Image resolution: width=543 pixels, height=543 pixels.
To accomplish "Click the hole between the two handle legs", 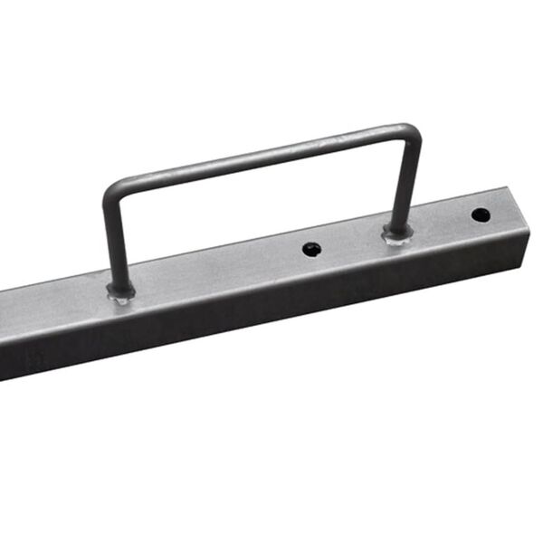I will click(311, 248).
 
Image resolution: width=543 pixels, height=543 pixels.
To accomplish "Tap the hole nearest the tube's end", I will click(481, 215).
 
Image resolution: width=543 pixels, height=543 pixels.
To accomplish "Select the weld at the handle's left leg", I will click(119, 291).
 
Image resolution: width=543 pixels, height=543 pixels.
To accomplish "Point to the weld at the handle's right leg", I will click(396, 234).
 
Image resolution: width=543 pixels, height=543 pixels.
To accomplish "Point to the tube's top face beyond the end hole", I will click(502, 206).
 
